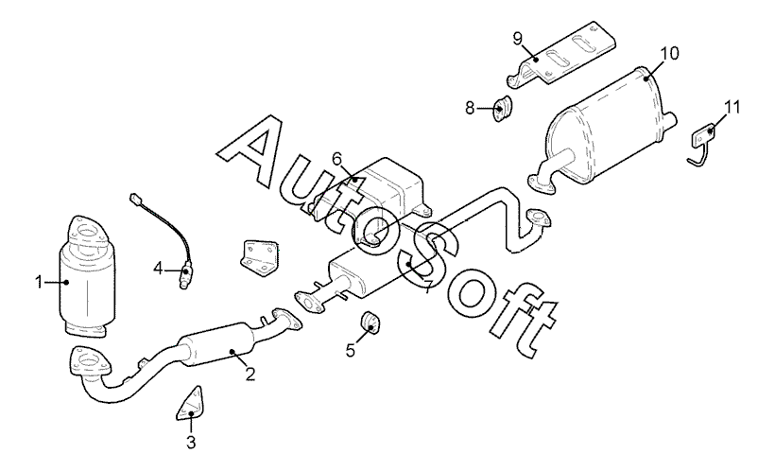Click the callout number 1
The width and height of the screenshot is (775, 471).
click(39, 281)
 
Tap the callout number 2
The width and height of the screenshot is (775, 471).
click(250, 373)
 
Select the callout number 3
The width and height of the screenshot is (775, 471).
click(190, 442)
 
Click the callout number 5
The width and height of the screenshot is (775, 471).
click(351, 349)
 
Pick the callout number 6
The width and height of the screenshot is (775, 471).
click(337, 157)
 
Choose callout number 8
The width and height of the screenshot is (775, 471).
click(470, 109)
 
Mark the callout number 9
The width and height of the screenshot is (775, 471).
click(518, 37)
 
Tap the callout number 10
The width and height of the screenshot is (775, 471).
click(668, 53)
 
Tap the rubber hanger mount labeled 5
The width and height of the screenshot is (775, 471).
click(371, 325)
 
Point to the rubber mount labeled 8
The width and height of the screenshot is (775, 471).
click(501, 109)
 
